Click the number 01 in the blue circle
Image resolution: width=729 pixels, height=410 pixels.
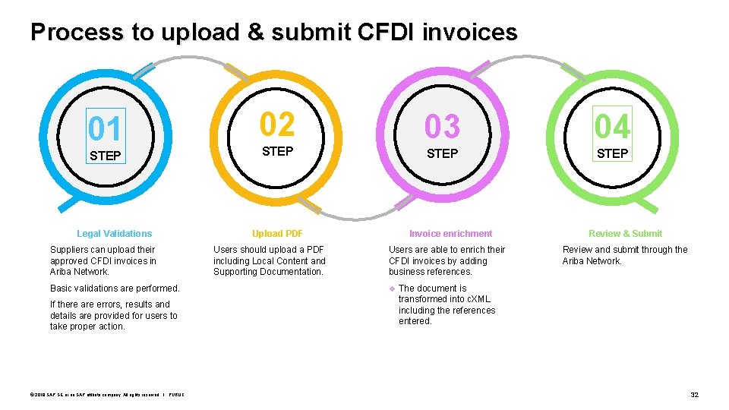[105, 128]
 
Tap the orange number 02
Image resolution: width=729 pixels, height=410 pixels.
[277, 124]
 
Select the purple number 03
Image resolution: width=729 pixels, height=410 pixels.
[442, 127]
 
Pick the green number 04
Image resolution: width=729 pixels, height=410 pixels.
[612, 126]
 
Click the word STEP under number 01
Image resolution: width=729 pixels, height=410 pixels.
[105, 156]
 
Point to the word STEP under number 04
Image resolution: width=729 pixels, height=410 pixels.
[612, 153]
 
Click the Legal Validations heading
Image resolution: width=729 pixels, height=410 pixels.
[114, 234]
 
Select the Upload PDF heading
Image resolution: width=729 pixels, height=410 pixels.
[277, 234]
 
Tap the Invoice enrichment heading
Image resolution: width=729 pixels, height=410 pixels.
[450, 234]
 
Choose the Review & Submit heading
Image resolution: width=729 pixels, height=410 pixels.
[625, 234]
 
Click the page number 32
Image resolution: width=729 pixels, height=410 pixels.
[694, 395]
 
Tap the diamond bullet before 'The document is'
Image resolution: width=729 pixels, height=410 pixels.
[393, 289]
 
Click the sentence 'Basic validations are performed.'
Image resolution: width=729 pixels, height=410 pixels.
[115, 289]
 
